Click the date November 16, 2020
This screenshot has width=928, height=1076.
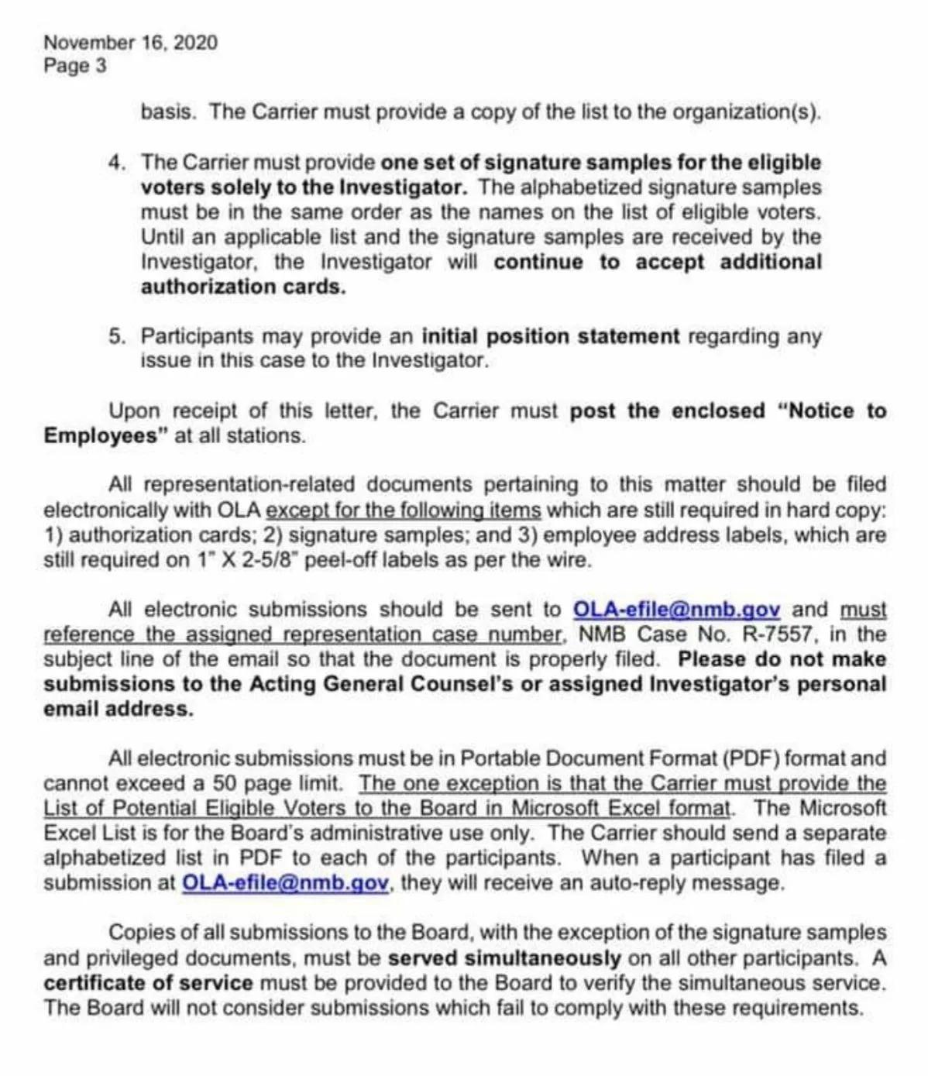click(130, 43)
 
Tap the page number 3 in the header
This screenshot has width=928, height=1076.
click(101, 66)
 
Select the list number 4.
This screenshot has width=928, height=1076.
click(116, 163)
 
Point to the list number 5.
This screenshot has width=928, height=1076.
click(116, 336)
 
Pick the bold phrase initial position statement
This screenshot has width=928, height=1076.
click(550, 336)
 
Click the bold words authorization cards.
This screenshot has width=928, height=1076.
click(242, 287)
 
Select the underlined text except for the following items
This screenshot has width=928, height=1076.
click(403, 510)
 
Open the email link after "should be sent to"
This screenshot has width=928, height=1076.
click(675, 610)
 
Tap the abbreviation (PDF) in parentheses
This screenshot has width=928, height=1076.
click(751, 758)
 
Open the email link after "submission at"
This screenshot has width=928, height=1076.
click(285, 882)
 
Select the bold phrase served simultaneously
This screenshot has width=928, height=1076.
click(504, 958)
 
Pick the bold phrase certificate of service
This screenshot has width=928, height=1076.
click(148, 983)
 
